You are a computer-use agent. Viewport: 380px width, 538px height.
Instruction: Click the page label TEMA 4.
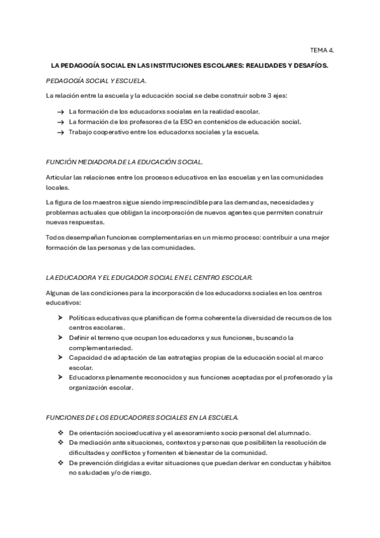[322, 49]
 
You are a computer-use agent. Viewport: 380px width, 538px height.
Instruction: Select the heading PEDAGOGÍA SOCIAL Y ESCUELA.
[96, 81]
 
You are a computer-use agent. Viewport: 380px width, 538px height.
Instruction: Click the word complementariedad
[101, 348]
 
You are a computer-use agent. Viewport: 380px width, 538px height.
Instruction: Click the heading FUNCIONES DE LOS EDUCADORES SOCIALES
[143, 417]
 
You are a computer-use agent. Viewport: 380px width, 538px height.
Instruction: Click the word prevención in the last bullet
[96, 463]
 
